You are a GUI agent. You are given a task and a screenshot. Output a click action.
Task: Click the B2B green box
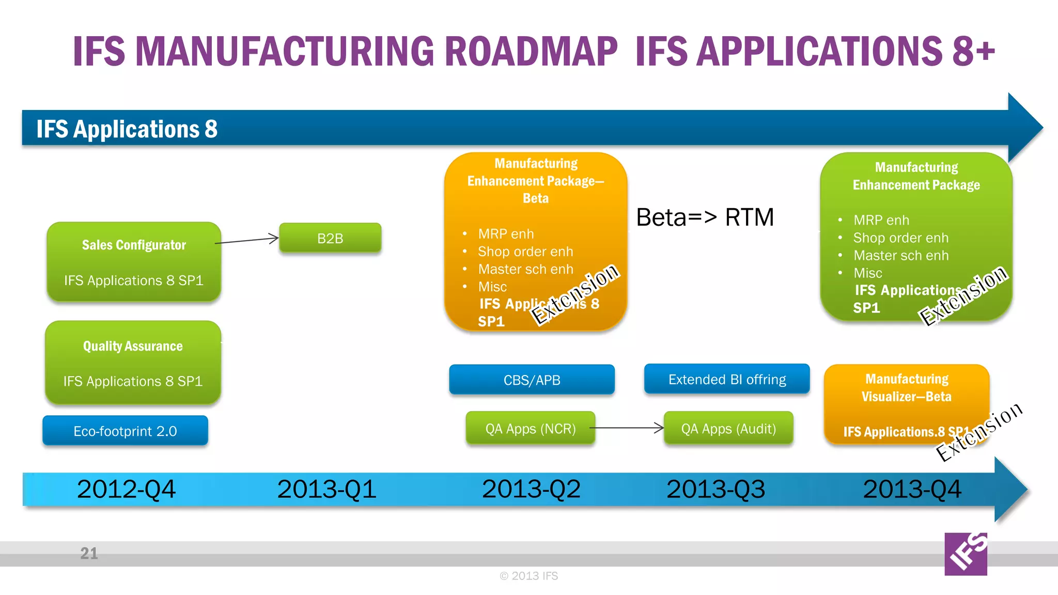point(330,238)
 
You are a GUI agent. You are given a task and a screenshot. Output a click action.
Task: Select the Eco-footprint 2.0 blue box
point(125,431)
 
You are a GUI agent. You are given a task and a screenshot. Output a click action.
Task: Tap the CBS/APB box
point(532,380)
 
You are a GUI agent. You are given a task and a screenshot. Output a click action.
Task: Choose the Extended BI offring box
point(727,379)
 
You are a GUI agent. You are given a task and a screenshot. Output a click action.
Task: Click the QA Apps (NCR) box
point(530,428)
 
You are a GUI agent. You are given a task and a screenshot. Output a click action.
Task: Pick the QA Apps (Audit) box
point(728,428)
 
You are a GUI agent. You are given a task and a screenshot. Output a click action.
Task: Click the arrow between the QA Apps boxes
point(626,428)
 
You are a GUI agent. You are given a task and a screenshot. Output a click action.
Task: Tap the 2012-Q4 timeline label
point(126,489)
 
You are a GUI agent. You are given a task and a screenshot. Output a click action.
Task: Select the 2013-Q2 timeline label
point(531,489)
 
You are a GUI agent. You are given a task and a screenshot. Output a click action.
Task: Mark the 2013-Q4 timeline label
point(912,489)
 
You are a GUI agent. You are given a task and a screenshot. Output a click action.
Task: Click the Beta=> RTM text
point(705,217)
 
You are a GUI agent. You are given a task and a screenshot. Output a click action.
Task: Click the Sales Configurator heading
point(134,245)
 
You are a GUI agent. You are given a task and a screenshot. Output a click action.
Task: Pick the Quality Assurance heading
point(133,346)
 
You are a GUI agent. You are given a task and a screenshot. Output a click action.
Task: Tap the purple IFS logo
point(966,554)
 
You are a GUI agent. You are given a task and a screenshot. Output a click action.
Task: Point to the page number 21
point(89,553)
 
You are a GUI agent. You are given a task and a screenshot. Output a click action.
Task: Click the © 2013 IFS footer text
point(528,575)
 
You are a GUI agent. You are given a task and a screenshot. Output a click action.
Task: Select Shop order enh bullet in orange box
point(525,252)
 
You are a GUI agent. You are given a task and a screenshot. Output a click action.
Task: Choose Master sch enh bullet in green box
point(900,255)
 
